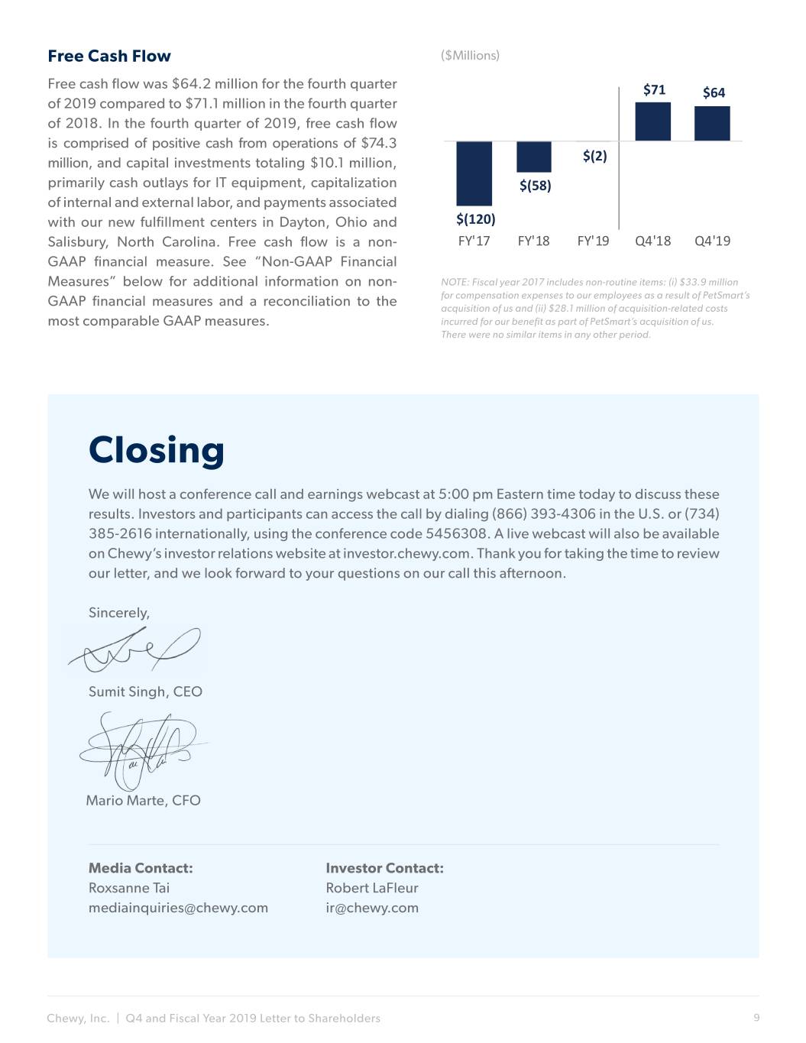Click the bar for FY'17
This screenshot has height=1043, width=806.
[474, 173]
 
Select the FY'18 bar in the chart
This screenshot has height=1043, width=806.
[533, 157]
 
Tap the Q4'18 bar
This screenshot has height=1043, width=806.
[652, 121]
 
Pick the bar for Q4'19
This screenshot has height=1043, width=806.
[712, 123]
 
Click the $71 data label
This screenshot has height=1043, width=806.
[654, 90]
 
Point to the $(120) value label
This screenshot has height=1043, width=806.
[475, 219]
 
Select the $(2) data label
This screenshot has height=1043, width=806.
[594, 156]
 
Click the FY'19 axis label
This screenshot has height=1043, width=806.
[593, 241]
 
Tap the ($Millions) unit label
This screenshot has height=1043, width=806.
[470, 55]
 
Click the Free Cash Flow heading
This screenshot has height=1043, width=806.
[109, 56]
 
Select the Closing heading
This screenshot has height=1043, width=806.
[157, 450]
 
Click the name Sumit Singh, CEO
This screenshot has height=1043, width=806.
[145, 692]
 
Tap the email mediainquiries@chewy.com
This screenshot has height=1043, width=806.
[178, 908]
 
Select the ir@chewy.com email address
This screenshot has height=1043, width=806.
[372, 908]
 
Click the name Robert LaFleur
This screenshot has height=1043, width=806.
[372, 888]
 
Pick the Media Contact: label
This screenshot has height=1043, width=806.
[141, 868]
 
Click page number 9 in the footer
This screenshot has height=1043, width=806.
[756, 1017]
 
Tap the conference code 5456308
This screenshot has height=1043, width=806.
[456, 533]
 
